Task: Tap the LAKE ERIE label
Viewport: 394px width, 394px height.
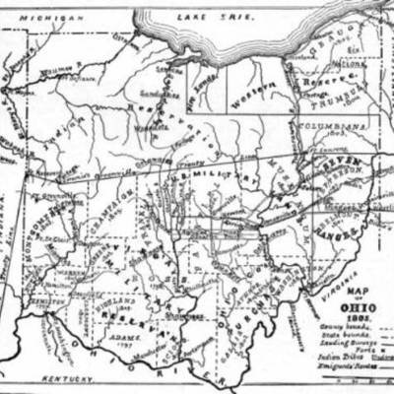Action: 208,17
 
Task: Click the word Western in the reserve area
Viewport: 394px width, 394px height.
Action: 250,98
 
